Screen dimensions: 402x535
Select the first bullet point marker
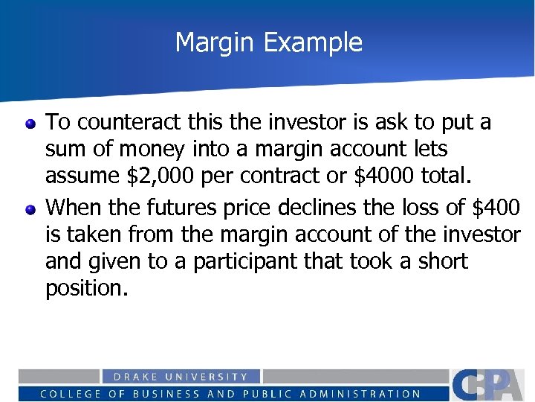click(30, 124)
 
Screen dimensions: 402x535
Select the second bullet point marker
click(30, 208)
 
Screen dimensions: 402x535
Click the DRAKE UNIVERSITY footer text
click(181, 377)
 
